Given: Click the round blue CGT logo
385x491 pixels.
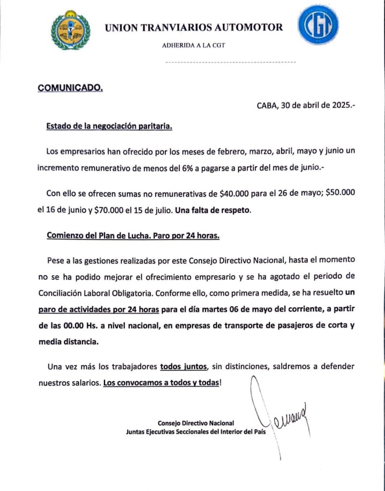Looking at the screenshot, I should tap(318, 25).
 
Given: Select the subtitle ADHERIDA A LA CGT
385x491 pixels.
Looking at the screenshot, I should tap(193, 46).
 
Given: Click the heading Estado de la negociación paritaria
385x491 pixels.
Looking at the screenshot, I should tap(109, 127).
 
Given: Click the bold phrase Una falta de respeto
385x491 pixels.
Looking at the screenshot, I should tap(213, 210).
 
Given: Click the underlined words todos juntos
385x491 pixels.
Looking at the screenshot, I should tap(184, 367).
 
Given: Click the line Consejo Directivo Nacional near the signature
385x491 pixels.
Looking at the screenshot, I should tap(195, 423).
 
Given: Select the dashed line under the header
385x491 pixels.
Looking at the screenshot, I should tap(230, 62).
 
